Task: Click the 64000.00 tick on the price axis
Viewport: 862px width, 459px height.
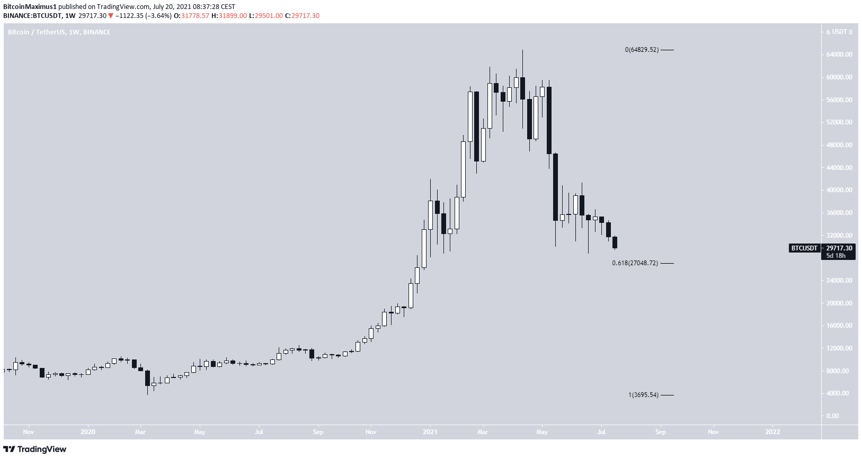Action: (839, 55)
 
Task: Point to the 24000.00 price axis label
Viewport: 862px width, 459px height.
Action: (839, 281)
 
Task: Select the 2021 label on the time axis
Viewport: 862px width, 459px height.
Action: (430, 432)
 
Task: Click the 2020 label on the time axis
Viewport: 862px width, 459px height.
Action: (88, 432)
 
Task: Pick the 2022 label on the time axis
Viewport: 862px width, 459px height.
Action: (772, 432)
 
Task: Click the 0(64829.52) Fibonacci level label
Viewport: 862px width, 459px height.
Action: (642, 50)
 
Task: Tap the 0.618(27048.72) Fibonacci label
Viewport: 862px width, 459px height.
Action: (635, 263)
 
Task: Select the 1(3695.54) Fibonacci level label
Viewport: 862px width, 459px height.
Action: (643, 395)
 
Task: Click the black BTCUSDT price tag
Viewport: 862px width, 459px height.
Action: (804, 248)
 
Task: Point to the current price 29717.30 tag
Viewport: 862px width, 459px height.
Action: (839, 248)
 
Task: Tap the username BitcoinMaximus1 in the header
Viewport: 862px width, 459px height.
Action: (30, 7)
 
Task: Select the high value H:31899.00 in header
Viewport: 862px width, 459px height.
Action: (229, 16)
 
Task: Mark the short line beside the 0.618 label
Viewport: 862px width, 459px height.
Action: (667, 263)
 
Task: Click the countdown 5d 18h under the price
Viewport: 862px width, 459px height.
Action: (836, 256)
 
